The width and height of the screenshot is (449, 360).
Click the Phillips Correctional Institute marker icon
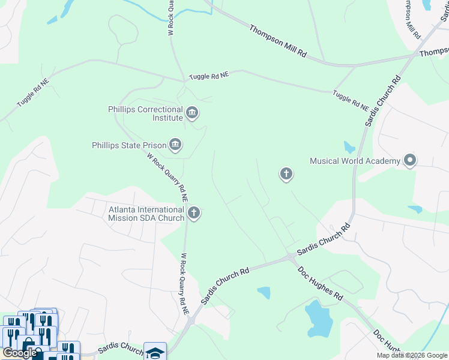(x=192, y=113)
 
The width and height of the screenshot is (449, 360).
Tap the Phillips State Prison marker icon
(x=175, y=144)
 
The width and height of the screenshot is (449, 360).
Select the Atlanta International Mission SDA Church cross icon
(x=193, y=213)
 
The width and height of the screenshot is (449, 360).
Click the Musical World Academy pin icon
(x=410, y=160)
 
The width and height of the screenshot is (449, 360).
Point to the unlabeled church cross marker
(x=286, y=175)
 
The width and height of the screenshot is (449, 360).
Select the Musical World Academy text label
(x=355, y=161)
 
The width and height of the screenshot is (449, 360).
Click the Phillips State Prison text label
(x=129, y=145)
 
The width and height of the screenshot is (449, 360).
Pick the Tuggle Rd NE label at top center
(x=209, y=76)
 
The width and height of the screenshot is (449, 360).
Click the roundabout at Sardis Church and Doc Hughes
(x=291, y=258)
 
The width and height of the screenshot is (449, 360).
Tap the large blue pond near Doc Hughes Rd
(x=318, y=319)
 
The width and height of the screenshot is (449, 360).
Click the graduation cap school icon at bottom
(x=154, y=352)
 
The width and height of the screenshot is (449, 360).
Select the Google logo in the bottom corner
(x=19, y=353)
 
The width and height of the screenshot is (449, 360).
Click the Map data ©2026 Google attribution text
(x=412, y=355)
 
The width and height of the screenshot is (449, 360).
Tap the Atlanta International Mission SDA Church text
(x=146, y=214)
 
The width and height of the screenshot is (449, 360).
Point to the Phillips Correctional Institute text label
(x=145, y=113)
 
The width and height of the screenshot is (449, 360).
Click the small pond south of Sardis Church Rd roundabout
(x=264, y=293)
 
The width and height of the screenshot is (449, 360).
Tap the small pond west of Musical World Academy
(x=349, y=147)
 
